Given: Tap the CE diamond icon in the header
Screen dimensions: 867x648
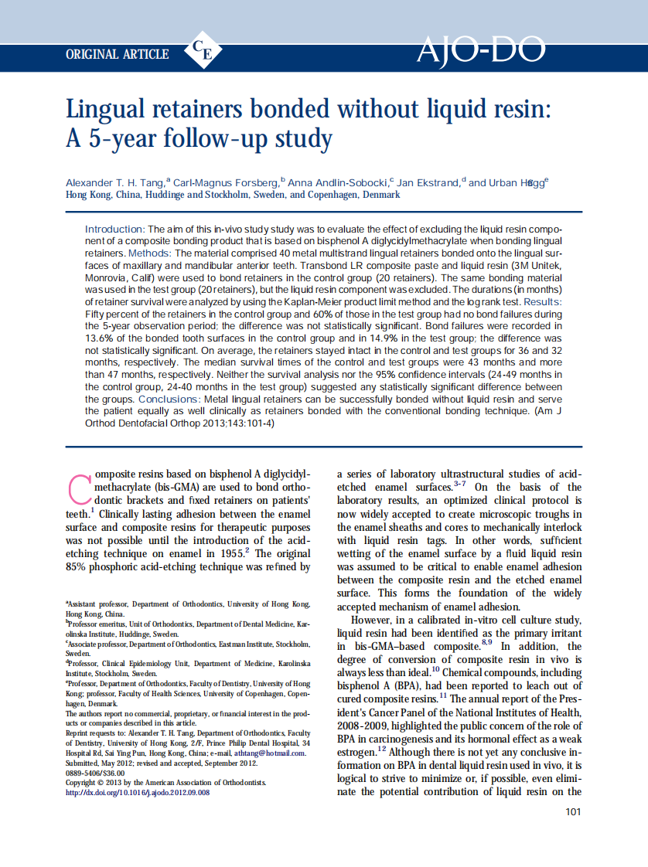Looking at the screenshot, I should click(x=203, y=53).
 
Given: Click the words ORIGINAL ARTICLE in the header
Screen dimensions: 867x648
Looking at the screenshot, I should click(x=118, y=54).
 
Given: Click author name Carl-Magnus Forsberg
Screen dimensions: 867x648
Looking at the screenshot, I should click(x=225, y=183).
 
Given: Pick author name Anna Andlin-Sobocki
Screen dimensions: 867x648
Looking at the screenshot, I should click(x=337, y=183).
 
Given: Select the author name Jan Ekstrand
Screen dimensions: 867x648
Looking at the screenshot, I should click(x=428, y=183).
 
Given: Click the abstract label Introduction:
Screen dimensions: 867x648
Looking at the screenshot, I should click(x=114, y=229).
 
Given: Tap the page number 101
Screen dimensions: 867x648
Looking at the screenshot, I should click(x=573, y=811).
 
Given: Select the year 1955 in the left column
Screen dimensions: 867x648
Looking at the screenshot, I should click(x=226, y=553).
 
